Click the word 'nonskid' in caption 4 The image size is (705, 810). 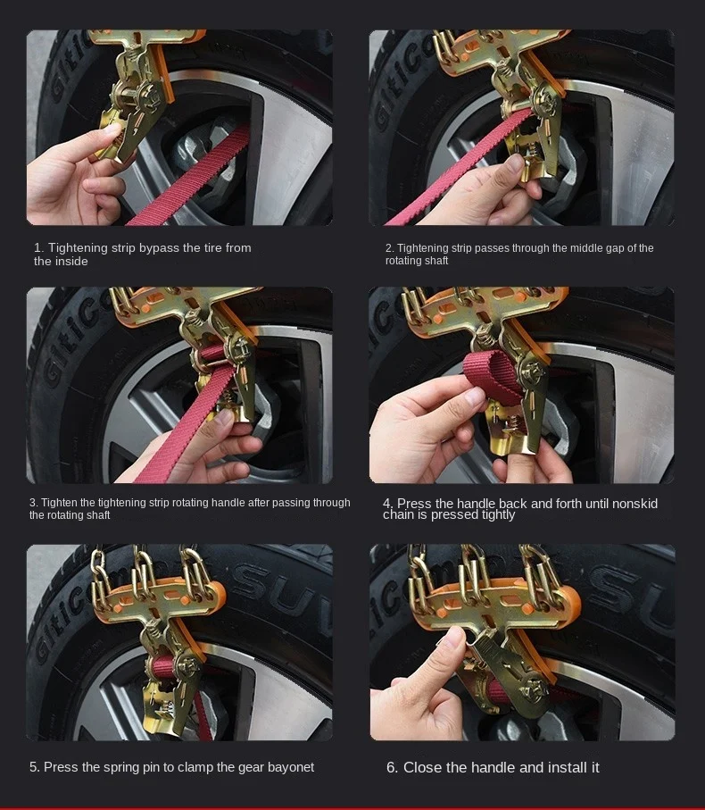click(634, 503)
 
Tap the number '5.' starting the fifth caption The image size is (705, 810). click(34, 767)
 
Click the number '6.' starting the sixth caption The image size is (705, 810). click(392, 768)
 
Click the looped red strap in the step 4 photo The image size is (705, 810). click(490, 373)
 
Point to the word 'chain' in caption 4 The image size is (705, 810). click(398, 514)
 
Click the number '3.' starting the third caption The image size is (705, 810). click(34, 503)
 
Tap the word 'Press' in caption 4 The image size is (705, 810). click(414, 503)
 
